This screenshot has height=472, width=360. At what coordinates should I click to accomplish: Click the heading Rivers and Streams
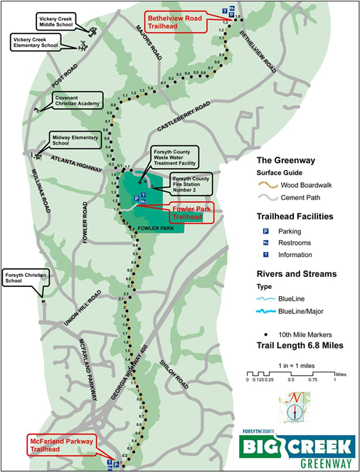pyautogui.click(x=297, y=273)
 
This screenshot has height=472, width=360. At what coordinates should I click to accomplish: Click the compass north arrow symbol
pyautogui.click(x=291, y=410)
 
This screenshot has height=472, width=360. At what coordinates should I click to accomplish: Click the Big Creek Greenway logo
pyautogui.click(x=297, y=447)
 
